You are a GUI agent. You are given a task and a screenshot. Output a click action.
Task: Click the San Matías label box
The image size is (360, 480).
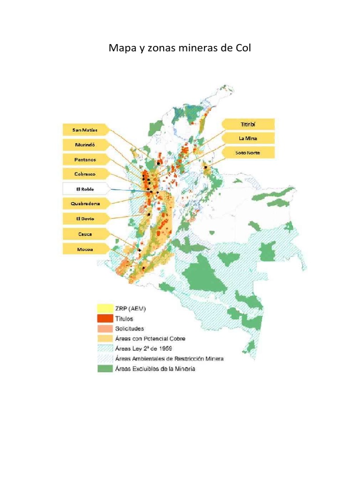tap(84, 129)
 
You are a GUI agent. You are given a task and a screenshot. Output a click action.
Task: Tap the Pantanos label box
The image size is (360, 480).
tap(84, 159)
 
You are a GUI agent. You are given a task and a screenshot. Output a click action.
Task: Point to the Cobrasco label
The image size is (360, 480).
tap(84, 174)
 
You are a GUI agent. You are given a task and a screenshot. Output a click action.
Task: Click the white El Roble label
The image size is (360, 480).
tap(85, 189)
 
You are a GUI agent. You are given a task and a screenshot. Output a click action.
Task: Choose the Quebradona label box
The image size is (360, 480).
tap(84, 204)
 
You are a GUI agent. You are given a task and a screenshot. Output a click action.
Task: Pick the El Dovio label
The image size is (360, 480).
tap(84, 218)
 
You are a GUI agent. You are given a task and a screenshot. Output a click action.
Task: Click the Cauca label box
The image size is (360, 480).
tap(84, 233)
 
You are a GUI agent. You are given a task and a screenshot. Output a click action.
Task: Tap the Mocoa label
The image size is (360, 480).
tap(84, 249)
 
